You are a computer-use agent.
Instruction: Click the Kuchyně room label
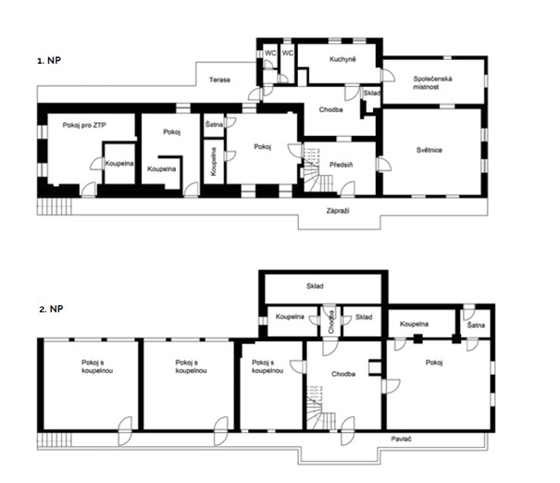[342, 59]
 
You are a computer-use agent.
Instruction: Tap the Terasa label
[219, 80]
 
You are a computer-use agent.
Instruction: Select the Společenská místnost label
[432, 83]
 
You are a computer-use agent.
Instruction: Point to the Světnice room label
[429, 150]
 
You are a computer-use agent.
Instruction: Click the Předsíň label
[341, 165]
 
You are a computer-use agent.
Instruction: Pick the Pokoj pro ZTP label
[84, 125]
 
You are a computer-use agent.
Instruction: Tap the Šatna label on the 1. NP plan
[215, 125]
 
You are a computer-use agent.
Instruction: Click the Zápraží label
[338, 211]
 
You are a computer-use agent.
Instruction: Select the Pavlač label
[401, 439]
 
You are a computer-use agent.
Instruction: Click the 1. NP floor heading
[49, 60]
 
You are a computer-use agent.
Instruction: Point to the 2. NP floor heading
[51, 308]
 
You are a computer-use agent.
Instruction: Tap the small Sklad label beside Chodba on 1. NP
[371, 93]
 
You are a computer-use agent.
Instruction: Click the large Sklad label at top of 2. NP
[315, 286]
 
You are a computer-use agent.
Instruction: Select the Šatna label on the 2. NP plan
[476, 325]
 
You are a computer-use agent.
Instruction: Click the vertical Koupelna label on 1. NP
[214, 162]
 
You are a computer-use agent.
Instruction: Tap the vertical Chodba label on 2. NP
[331, 322]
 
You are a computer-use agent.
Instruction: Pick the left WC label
[270, 53]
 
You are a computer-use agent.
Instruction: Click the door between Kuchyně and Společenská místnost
[388, 75]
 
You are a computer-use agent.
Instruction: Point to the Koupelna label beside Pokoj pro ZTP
[119, 164]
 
